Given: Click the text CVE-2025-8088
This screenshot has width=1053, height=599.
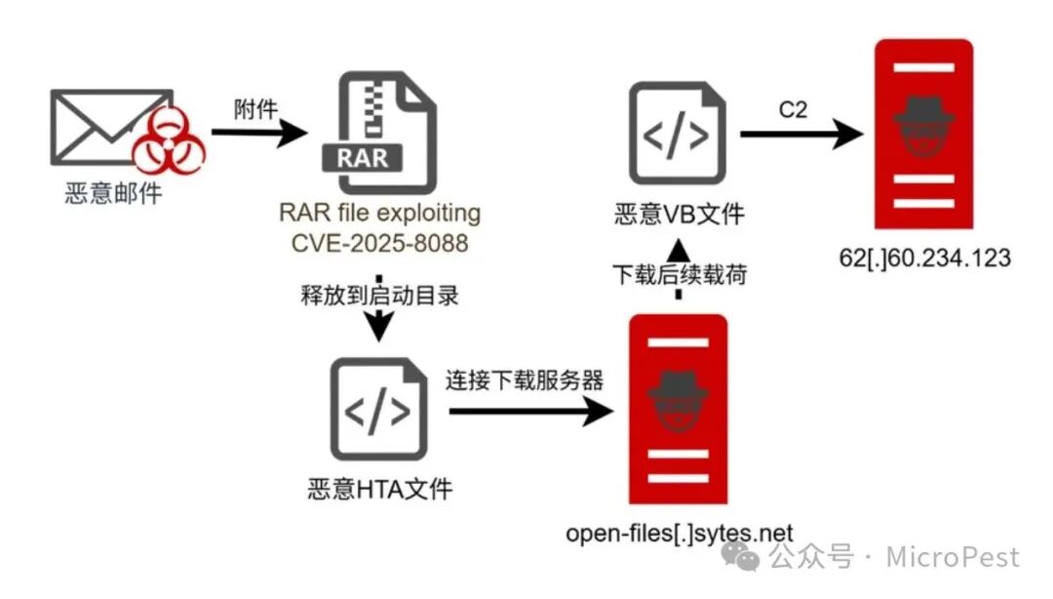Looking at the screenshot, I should click(x=379, y=241).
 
